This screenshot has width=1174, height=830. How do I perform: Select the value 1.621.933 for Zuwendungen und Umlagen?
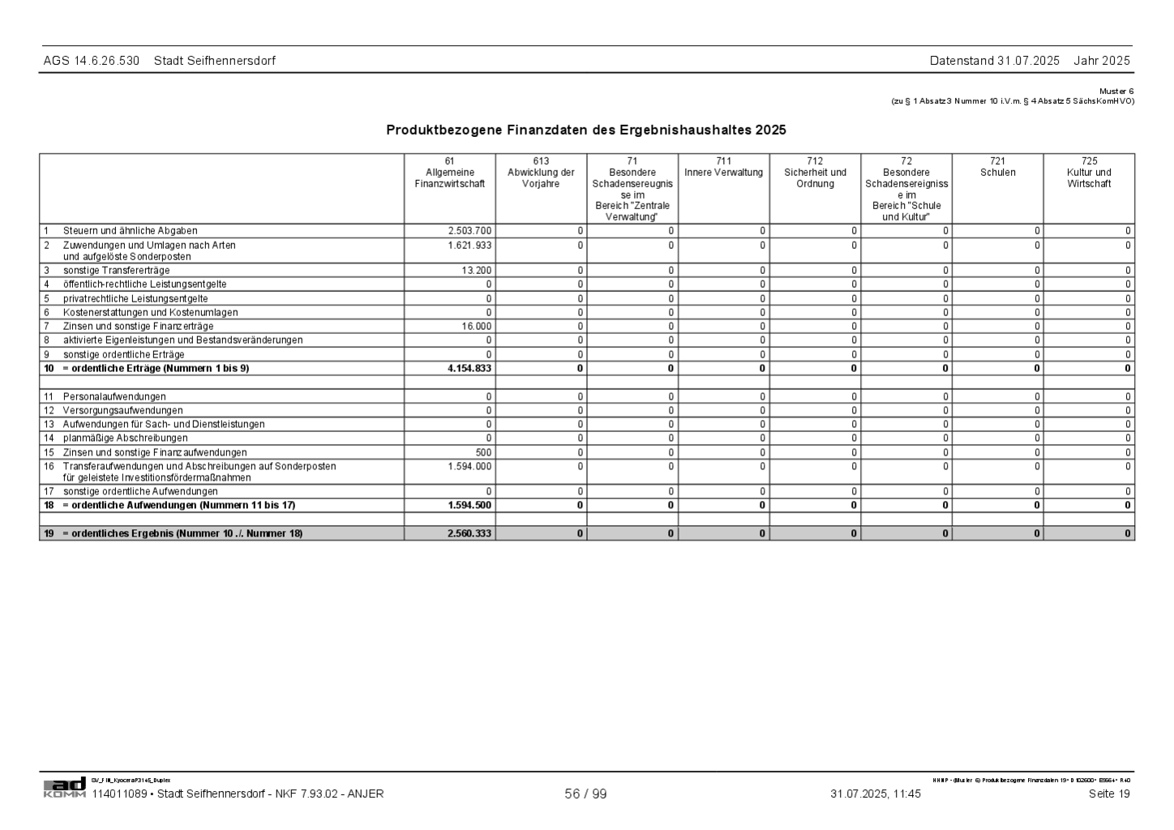click(470, 245)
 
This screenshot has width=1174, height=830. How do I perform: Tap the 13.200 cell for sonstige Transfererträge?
click(477, 270)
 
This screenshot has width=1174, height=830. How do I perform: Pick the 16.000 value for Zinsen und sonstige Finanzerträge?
click(477, 326)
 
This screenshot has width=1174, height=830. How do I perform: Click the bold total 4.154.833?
click(469, 368)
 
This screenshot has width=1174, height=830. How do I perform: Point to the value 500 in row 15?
click(483, 452)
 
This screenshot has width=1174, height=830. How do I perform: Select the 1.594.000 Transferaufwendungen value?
click(470, 466)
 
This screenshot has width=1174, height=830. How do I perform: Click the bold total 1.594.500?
click(469, 505)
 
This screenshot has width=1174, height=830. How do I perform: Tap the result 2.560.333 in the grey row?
click(469, 533)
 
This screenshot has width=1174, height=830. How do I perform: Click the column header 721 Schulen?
click(997, 167)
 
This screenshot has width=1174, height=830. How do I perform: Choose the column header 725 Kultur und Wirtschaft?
click(1089, 173)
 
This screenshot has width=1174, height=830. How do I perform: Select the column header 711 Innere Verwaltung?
click(723, 167)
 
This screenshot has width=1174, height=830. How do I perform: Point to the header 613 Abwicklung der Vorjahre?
click(541, 173)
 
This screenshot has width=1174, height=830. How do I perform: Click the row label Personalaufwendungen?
click(114, 396)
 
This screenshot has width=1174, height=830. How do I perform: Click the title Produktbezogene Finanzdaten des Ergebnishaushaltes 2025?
click(585, 130)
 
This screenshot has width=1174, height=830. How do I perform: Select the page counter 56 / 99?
click(585, 794)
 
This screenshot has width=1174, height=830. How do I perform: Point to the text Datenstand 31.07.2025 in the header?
click(994, 61)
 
